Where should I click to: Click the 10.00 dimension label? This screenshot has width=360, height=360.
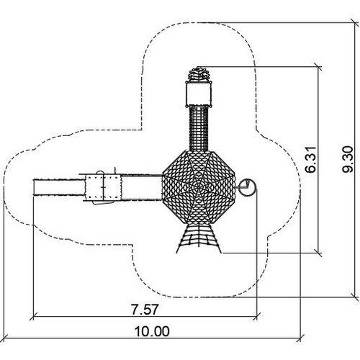coord(152,331)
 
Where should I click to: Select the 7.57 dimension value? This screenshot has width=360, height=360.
coord(145,309)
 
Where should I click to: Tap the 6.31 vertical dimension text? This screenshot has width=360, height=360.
coord(311,159)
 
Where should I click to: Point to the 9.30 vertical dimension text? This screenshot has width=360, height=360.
coord(348,159)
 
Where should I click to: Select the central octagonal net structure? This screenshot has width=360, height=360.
coord(199,187)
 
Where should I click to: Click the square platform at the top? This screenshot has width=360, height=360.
coord(199,94)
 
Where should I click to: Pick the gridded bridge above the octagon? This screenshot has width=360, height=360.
coord(199,129)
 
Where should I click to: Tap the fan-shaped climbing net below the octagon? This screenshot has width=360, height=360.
coord(199,238)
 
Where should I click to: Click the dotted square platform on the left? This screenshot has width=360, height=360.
coord(102,187)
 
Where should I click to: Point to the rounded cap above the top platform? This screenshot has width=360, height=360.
coord(199,74)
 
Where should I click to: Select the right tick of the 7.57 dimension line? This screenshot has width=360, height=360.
coord(257,316)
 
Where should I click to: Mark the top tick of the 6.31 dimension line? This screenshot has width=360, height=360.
coord(318,67)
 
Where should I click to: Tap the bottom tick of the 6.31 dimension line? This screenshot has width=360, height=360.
coord(318,253)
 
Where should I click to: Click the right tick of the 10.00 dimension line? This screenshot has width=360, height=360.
coord(300,338)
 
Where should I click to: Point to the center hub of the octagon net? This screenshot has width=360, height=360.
coord(199,187)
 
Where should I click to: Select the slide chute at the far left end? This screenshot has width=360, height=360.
coord(59,187)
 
